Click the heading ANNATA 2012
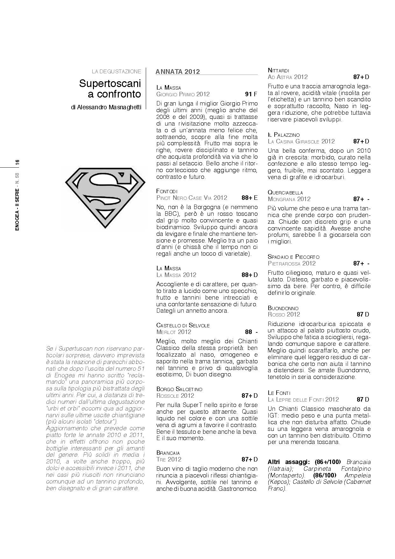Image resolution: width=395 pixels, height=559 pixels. pyautogui.click(x=178, y=71)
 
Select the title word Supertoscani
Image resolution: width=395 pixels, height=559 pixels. pyautogui.click(x=110, y=83)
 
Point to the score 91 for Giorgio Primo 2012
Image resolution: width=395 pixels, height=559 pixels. pyautogui.click(x=248, y=94)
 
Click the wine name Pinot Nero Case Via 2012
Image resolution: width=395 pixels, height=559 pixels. pyautogui.click(x=192, y=198)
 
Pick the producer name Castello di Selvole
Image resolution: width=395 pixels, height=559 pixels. pyautogui.click(x=183, y=325)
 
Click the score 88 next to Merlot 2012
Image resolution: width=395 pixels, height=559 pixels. pyautogui.click(x=248, y=332)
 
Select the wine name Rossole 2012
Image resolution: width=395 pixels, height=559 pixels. pyautogui.click(x=175, y=396)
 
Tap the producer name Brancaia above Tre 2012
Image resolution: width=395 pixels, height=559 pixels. pyautogui.click(x=168, y=453)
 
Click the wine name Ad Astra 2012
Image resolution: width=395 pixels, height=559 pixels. pyautogui.click(x=288, y=77)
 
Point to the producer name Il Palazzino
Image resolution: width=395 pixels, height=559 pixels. pyautogui.click(x=284, y=135)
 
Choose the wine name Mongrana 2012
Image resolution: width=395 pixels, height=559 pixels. pyautogui.click(x=289, y=199)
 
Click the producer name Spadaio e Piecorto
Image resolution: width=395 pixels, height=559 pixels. pyautogui.click(x=293, y=257)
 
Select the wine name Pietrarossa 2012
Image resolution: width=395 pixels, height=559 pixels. pyautogui.click(x=292, y=264)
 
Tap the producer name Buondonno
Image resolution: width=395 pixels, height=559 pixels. pyautogui.click(x=283, y=308)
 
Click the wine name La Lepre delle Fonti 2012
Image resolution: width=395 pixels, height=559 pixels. pyautogui.click(x=303, y=400)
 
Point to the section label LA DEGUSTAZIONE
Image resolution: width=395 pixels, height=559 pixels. pyautogui.click(x=116, y=71)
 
